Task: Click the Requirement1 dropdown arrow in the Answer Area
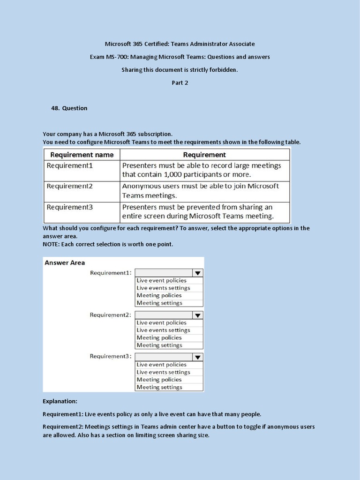198,273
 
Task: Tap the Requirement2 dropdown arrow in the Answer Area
198,315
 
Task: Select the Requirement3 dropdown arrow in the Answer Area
198,357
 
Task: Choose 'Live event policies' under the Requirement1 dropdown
161,280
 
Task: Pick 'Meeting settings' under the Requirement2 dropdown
159,345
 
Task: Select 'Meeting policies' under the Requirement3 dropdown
159,380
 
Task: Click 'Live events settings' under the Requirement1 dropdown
163,288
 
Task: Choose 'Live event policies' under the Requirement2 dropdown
161,322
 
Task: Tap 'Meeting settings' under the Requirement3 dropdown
159,387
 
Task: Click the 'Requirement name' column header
82,155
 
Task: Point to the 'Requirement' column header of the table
204,155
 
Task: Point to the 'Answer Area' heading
65,262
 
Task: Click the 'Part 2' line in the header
180,83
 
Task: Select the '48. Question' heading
69,108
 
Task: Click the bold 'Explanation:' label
60,401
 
